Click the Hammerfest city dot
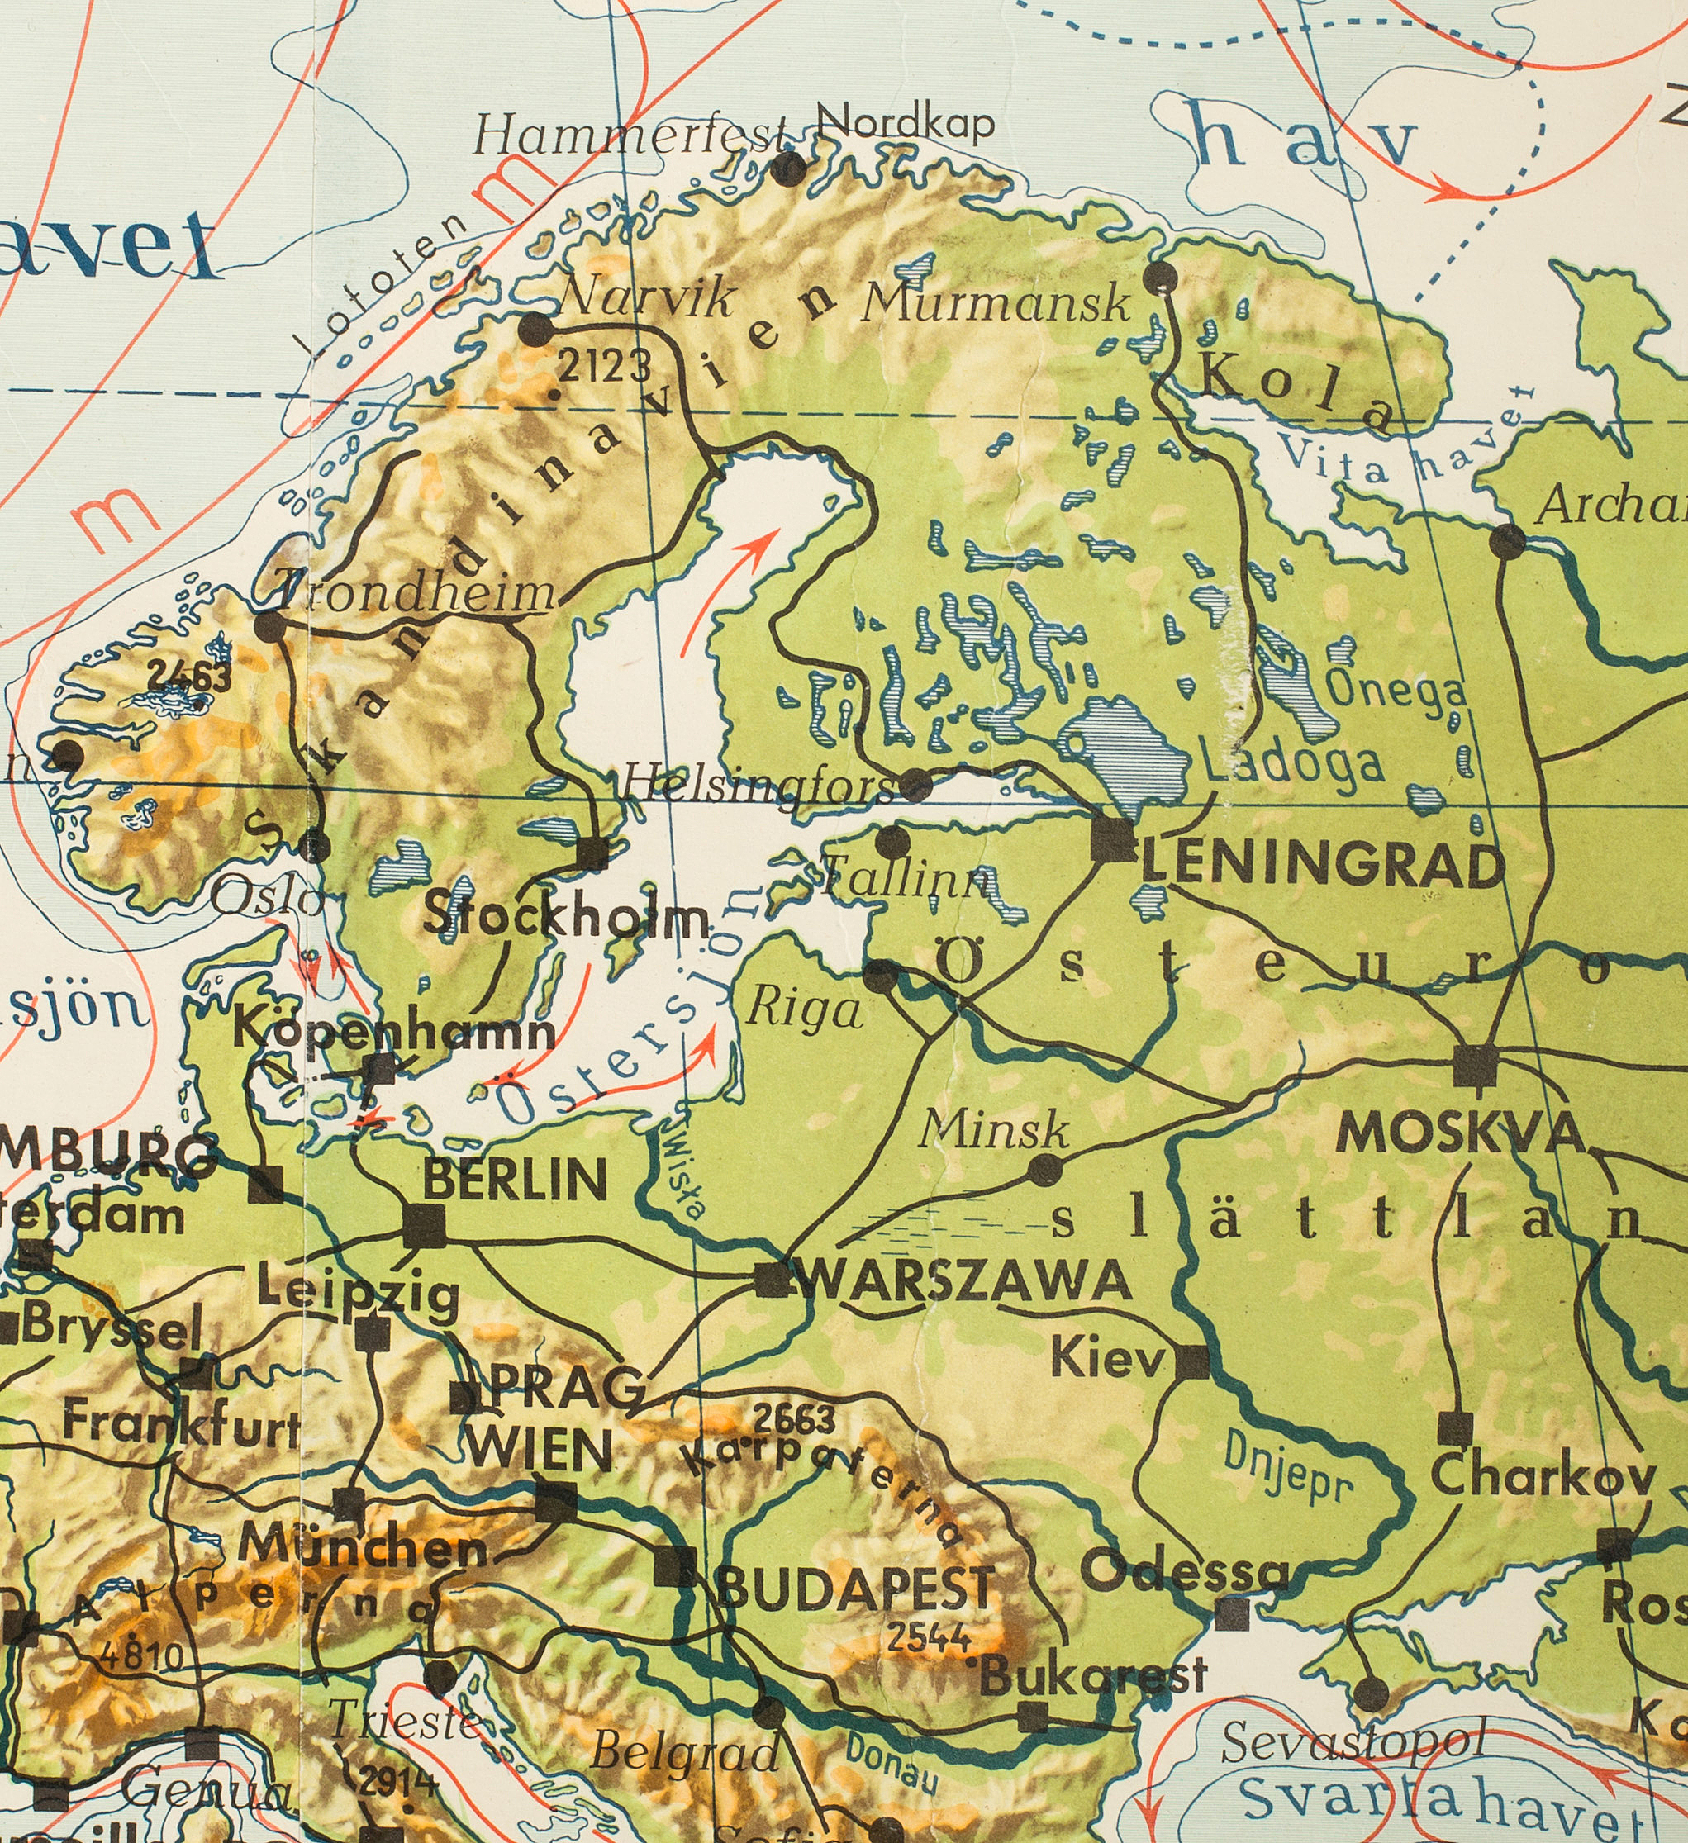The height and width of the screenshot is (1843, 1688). click(789, 169)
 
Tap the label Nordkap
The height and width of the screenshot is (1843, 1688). click(903, 122)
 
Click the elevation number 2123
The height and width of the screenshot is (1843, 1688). click(605, 368)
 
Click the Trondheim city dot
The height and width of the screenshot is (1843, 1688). click(269, 627)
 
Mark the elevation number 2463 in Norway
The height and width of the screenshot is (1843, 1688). click(189, 677)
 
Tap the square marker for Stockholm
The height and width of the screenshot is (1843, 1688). click(592, 853)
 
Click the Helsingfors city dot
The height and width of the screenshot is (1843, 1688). click(915, 783)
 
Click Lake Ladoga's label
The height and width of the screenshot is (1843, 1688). click(1291, 763)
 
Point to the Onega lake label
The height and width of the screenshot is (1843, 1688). click(1395, 691)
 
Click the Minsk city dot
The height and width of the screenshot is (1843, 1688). click(1045, 1169)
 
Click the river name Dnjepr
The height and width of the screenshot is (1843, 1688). click(1287, 1465)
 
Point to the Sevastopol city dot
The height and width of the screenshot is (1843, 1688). click(1369, 1694)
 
